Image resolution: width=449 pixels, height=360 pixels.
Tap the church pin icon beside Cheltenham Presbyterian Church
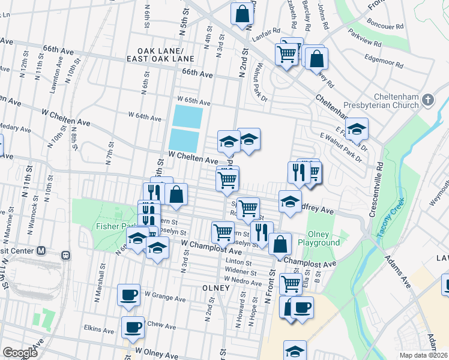tap(427, 100)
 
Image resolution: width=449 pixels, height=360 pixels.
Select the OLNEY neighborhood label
tap(216, 288)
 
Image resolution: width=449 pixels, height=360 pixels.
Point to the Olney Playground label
tap(324, 238)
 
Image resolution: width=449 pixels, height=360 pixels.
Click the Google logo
tap(20, 353)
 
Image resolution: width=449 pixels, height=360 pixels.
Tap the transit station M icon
tap(41, 250)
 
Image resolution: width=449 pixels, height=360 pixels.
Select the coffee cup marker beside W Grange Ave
tap(128, 295)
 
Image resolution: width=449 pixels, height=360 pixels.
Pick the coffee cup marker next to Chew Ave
tap(133, 328)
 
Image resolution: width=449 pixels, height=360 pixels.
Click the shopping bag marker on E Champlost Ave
tap(280, 244)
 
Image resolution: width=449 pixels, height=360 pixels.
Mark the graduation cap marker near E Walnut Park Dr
tap(356, 128)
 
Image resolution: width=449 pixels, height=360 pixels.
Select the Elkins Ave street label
tap(99, 330)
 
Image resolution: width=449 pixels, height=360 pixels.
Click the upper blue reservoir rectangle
tap(187, 116)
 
